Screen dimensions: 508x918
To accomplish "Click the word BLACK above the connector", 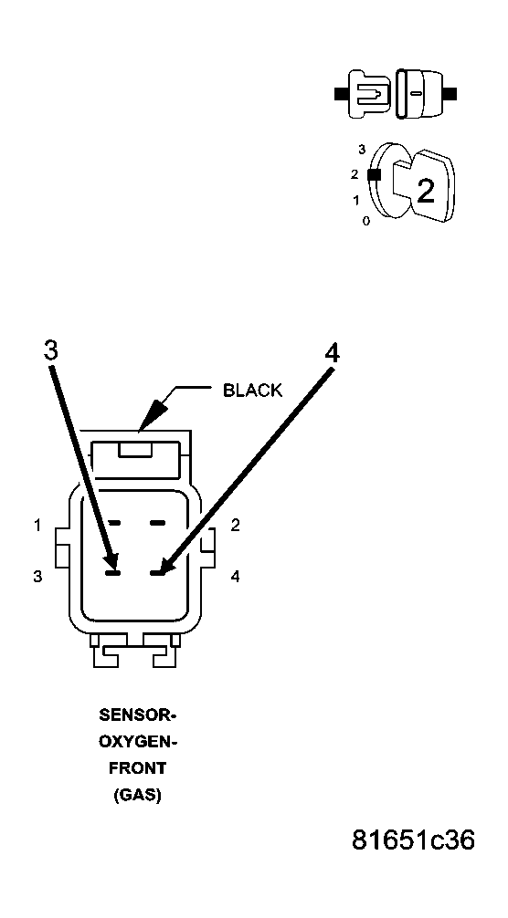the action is pyautogui.click(x=252, y=390).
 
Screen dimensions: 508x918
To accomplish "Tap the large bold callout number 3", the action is pyautogui.click(x=51, y=350).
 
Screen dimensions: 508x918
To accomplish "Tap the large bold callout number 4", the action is pyautogui.click(x=332, y=353).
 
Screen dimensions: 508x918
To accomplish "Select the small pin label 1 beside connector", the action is pyautogui.click(x=37, y=526).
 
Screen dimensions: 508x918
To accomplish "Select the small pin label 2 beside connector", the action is pyautogui.click(x=235, y=525).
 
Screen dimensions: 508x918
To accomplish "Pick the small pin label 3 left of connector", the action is pyautogui.click(x=37, y=577).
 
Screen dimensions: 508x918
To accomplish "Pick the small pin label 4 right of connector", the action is pyautogui.click(x=235, y=577).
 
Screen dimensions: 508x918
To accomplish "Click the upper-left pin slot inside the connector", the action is pyautogui.click(x=113, y=522).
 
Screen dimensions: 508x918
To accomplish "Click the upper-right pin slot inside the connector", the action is pyautogui.click(x=158, y=522).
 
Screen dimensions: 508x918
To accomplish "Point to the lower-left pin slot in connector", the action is pyautogui.click(x=112, y=573).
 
